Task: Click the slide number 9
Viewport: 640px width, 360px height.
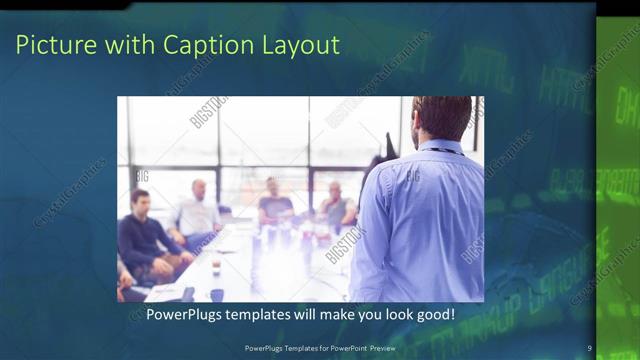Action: (x=590, y=348)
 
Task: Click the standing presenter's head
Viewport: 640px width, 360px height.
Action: (x=440, y=117)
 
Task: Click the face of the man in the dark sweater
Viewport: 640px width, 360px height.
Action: (x=141, y=200)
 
